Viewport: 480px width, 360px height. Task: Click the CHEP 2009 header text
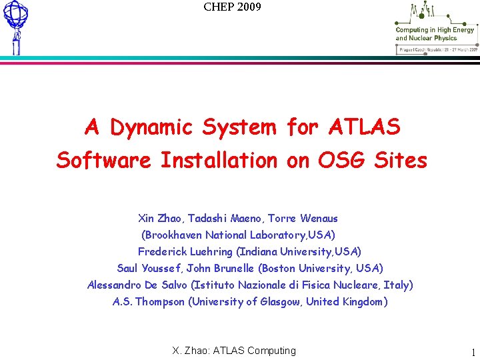tap(232, 7)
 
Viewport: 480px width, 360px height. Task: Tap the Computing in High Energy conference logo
tap(435, 28)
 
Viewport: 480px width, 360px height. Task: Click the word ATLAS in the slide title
tap(364, 127)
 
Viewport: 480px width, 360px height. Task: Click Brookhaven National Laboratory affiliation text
tap(237, 235)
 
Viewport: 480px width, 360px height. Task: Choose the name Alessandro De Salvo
tap(137, 285)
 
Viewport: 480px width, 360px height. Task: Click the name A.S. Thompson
tap(149, 301)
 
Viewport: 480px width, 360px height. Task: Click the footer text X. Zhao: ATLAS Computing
tap(234, 351)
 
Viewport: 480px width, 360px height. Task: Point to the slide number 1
tap(473, 353)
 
